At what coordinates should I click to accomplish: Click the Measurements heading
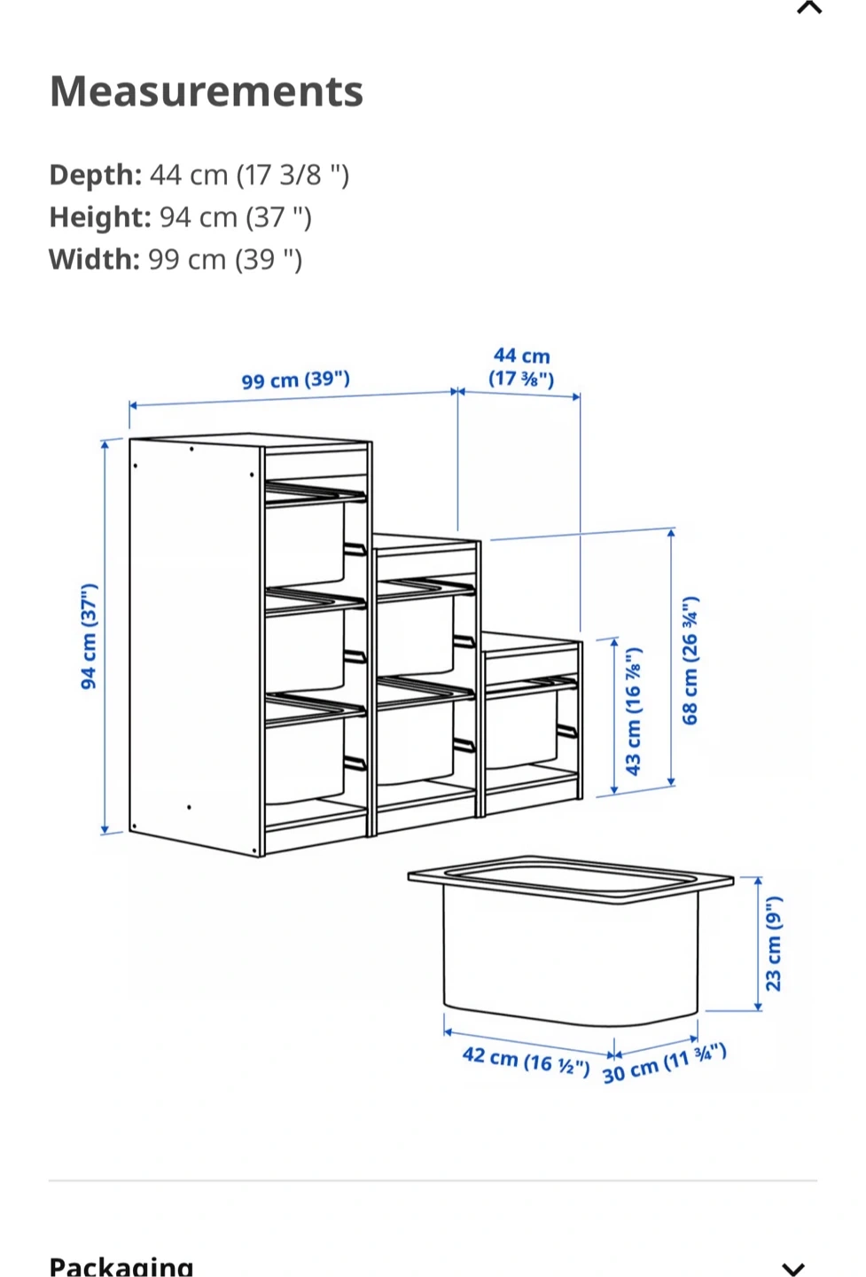(x=207, y=91)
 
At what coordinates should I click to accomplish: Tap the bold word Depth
(x=95, y=175)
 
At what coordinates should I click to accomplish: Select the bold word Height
(x=100, y=216)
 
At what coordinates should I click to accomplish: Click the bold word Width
(x=94, y=259)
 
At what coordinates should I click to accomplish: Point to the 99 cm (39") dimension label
(x=296, y=380)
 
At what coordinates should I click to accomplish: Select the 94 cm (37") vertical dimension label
(x=90, y=636)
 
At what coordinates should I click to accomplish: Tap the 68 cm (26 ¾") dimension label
(x=690, y=660)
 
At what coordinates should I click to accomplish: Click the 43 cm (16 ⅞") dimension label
(x=634, y=711)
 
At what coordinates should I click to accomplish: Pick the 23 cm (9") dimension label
(x=773, y=944)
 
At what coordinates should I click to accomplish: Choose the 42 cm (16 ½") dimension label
(x=526, y=1061)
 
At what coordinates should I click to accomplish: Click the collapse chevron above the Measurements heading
(x=809, y=7)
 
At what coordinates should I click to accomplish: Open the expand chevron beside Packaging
(x=793, y=1268)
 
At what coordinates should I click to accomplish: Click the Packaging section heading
(x=121, y=1265)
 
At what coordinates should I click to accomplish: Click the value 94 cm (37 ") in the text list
(x=235, y=217)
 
